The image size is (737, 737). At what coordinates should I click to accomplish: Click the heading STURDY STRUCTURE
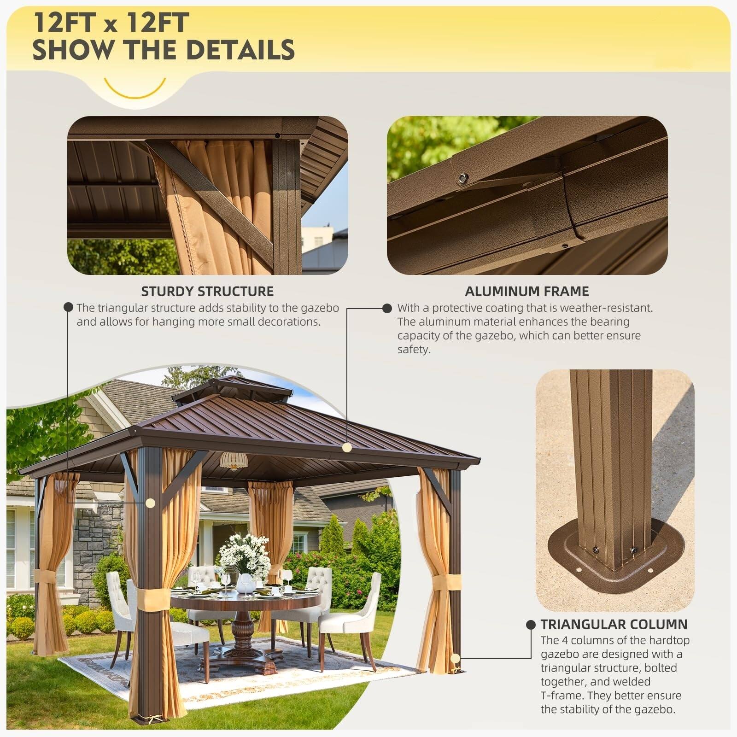[x=207, y=291]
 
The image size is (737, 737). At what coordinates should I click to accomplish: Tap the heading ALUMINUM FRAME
[x=526, y=291]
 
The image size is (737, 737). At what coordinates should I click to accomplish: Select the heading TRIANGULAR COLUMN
[x=614, y=624]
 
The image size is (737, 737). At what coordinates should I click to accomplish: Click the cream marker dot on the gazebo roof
[x=347, y=447]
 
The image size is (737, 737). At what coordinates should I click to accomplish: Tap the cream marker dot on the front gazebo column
[x=150, y=503]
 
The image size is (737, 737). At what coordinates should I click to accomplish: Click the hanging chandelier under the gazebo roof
[x=234, y=460]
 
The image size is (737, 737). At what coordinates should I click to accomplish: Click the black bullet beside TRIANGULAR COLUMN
[x=531, y=625]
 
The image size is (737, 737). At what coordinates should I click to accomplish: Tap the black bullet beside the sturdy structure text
[x=68, y=307]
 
